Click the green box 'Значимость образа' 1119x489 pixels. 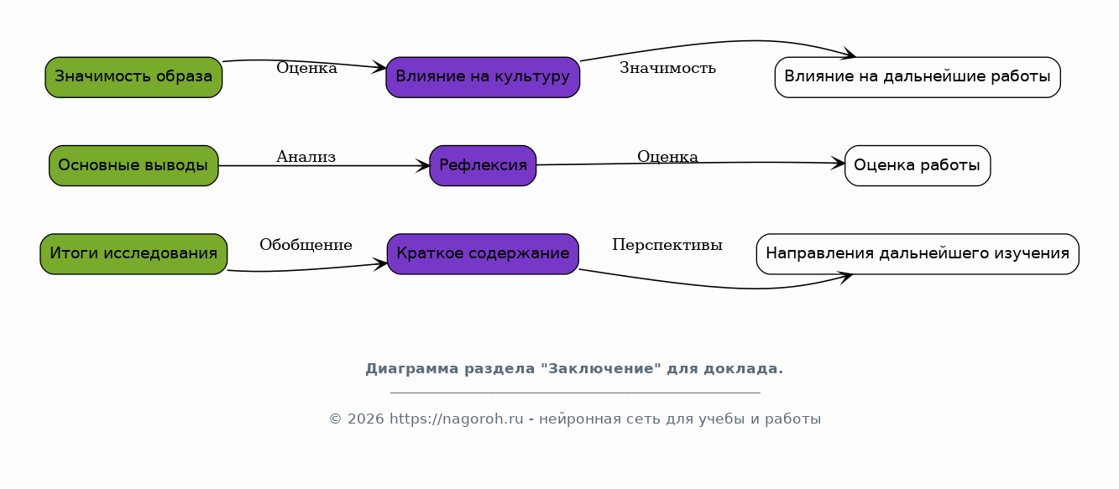coord(133,77)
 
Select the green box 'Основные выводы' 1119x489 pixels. coord(133,166)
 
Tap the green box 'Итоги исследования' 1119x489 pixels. coord(133,254)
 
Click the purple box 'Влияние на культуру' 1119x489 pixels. coord(483,77)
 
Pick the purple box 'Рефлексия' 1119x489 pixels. coord(483,166)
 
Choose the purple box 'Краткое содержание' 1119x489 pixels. coord(483,254)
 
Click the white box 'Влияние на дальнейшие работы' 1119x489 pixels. coord(918,77)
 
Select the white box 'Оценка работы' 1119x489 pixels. coord(918,166)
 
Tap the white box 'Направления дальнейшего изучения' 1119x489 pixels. coord(918,254)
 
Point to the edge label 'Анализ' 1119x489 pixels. coord(306,157)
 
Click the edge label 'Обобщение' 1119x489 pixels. coord(306,245)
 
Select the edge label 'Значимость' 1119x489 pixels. coord(668,68)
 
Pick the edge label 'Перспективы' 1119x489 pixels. coord(667,245)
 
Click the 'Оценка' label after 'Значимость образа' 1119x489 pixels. coord(306,68)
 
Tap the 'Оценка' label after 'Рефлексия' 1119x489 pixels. coord(668,157)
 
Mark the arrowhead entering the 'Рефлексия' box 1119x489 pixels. coord(422,166)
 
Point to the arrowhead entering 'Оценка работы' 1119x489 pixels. coord(838,164)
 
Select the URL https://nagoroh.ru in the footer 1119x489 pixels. coord(457,419)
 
